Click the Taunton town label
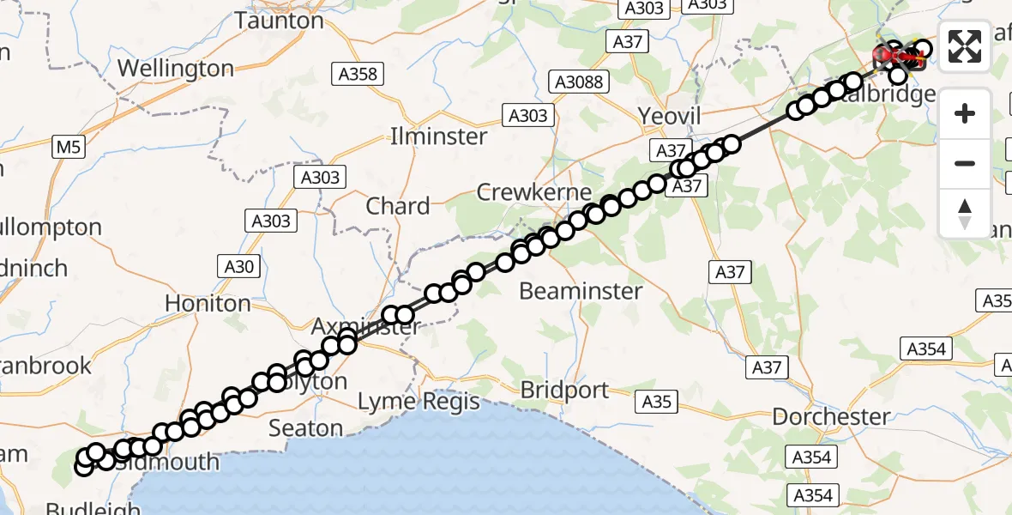coord(280,20)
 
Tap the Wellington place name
coord(176,68)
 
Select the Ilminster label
coord(438,136)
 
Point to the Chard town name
coord(398,206)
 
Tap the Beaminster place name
coord(581,291)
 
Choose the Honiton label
coord(208,303)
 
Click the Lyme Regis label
coord(419,401)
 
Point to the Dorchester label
coord(831,417)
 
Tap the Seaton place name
coord(306,427)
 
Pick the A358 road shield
coord(358,74)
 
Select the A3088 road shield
coord(579,82)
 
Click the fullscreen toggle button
coord(965,46)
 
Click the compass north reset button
coord(965,213)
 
